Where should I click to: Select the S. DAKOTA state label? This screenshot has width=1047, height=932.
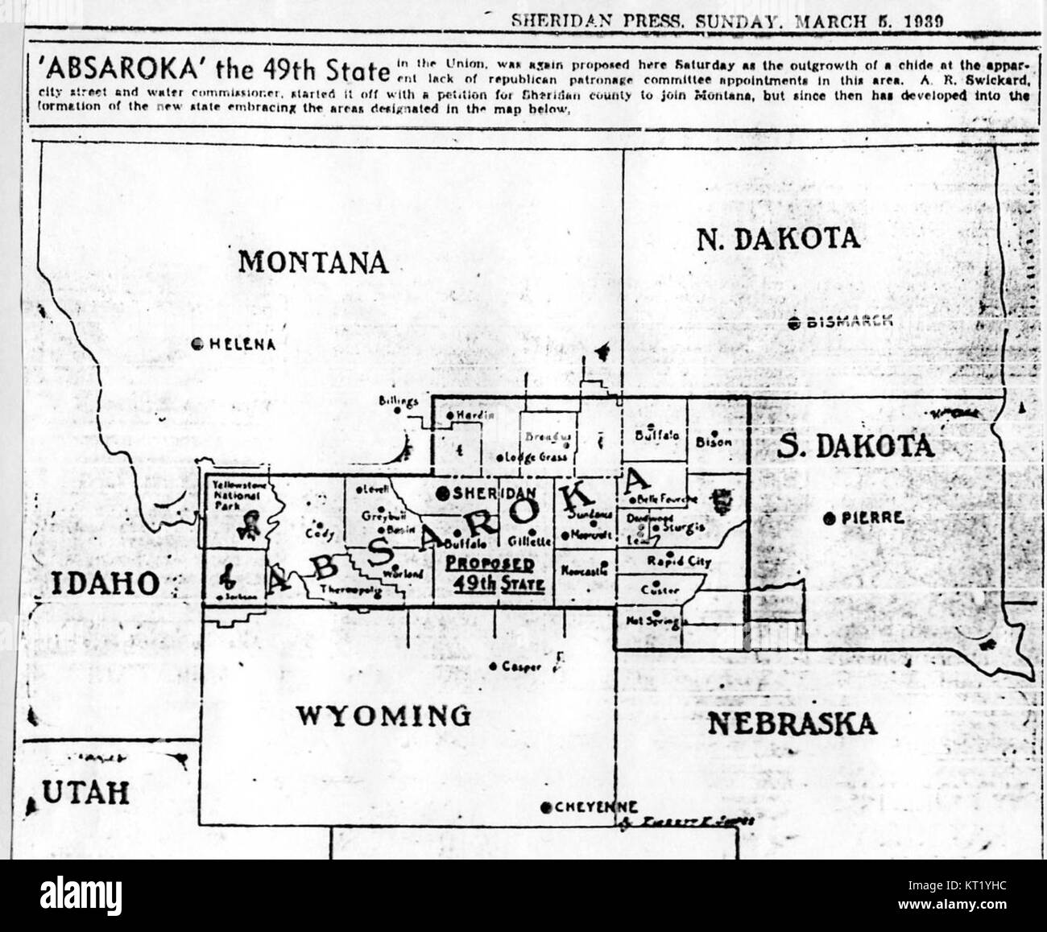pos(856,446)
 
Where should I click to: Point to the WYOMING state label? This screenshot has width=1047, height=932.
pos(383,715)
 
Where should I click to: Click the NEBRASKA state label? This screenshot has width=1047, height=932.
pos(791,723)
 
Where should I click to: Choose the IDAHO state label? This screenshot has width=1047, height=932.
pos(105,584)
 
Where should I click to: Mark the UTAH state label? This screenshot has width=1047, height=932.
pos(85,794)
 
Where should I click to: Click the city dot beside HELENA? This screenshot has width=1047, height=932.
pos(197,344)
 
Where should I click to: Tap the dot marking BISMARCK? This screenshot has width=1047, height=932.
pos(794,323)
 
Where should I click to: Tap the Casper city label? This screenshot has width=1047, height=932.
pos(520,667)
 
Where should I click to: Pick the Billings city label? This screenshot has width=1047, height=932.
pos(399,401)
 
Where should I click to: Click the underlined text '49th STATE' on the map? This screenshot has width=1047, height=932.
pos(494,584)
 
